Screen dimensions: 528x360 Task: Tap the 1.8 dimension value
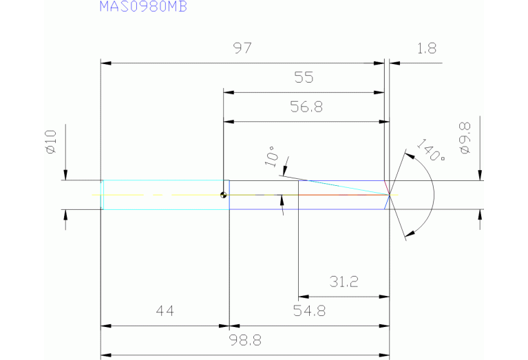click(x=427, y=49)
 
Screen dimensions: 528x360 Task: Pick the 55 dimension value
click(x=304, y=78)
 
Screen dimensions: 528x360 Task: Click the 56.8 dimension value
click(x=304, y=107)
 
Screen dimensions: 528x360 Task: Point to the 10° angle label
click(x=273, y=157)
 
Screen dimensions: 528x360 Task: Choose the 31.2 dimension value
click(x=343, y=282)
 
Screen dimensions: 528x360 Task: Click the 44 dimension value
click(x=165, y=311)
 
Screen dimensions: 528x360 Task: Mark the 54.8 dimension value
click(x=309, y=311)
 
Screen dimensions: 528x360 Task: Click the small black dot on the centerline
click(x=223, y=195)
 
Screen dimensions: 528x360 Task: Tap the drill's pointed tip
click(x=390, y=195)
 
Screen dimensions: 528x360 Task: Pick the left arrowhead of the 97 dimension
click(x=105, y=63)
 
